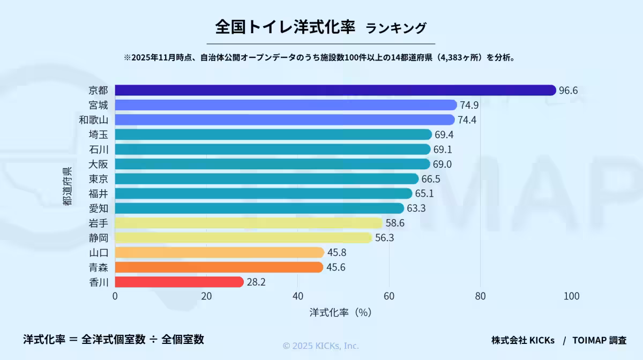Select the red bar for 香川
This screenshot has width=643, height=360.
pyautogui.click(x=179, y=282)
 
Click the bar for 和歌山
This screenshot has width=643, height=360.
pyautogui.click(x=285, y=119)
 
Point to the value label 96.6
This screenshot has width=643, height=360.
pyautogui.click(x=568, y=91)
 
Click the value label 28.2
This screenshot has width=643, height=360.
pyautogui.click(x=256, y=282)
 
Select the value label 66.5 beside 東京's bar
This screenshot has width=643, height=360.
pyautogui.click(x=431, y=179)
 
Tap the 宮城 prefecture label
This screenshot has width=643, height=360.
pyautogui.click(x=98, y=105)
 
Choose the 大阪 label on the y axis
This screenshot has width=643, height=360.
pyautogui.click(x=98, y=164)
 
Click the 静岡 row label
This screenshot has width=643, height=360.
pyautogui.click(x=98, y=237)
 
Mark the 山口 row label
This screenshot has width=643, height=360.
pyautogui.click(x=98, y=252)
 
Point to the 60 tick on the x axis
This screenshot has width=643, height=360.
pyautogui.click(x=389, y=296)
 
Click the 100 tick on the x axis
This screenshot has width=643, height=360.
pyautogui.click(x=571, y=296)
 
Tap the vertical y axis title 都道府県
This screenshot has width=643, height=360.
pyautogui.click(x=67, y=186)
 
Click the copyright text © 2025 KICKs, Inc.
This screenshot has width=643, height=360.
pyautogui.click(x=321, y=346)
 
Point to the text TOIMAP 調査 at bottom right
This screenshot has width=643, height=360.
pyautogui.click(x=599, y=340)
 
